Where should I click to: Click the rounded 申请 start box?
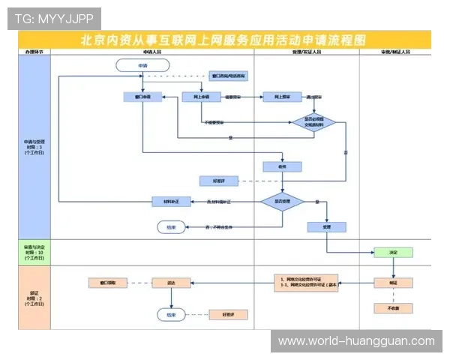point(142,66)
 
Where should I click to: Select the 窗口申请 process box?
point(142,97)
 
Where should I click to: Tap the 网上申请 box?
point(200,97)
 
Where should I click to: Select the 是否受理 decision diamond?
point(281,202)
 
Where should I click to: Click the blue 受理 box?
point(326,226)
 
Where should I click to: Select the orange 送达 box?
point(172,283)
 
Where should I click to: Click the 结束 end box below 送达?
point(172,314)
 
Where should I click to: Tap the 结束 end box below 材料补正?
point(172,226)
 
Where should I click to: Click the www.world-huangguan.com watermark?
point(356,341)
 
